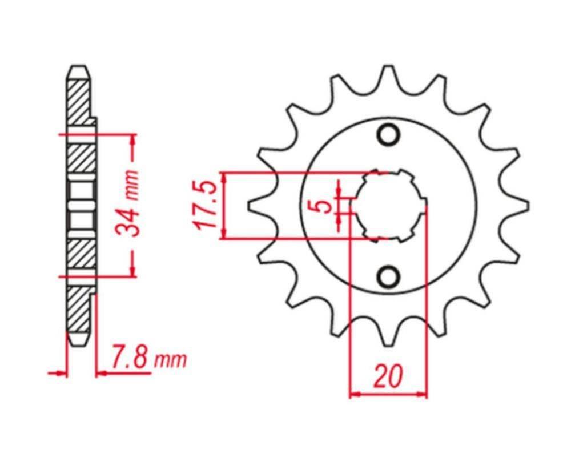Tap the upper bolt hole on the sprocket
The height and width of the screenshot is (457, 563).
coord(389,135)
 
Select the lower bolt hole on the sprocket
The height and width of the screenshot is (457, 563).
coord(389,276)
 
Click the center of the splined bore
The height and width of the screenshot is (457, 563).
coord(388,206)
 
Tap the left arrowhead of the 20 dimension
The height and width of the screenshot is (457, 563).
coord(354,394)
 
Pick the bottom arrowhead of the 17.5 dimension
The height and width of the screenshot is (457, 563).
coord(224,234)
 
